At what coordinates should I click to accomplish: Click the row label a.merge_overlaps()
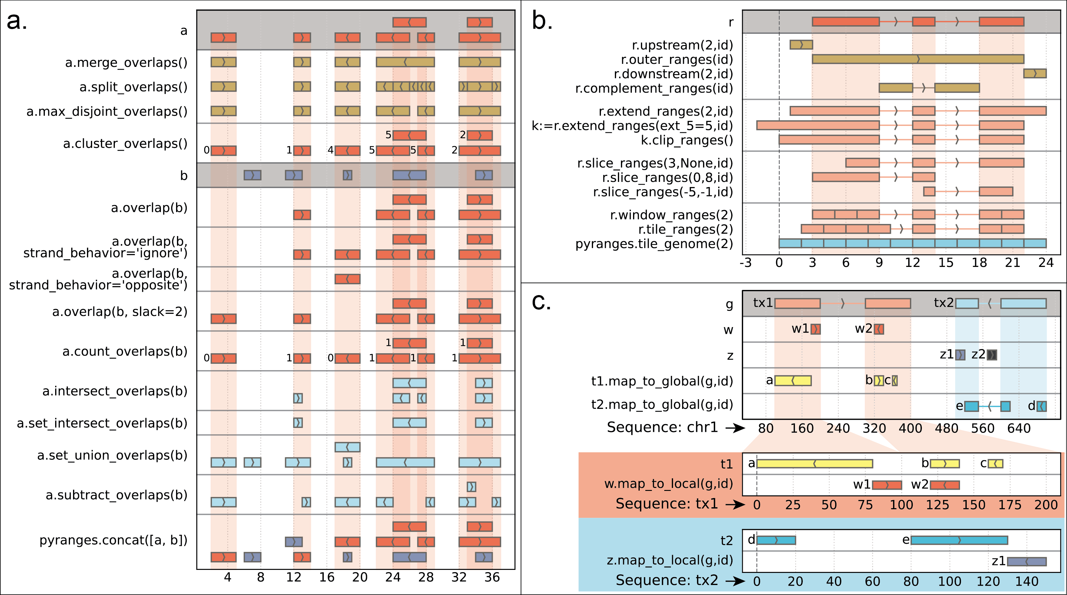pyautogui.click(x=126, y=62)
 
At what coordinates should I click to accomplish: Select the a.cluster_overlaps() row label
pyautogui.click(x=125, y=143)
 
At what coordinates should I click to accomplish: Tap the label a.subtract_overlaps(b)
pyautogui.click(x=116, y=495)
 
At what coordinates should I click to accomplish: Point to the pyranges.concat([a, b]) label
pyautogui.click(x=113, y=541)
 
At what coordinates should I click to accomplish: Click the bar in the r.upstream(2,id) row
pyautogui.click(x=801, y=45)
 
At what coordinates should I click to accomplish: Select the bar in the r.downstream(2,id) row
pyautogui.click(x=1035, y=74)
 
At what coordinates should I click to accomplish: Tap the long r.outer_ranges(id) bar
pyautogui.click(x=918, y=59)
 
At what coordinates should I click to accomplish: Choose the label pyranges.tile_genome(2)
pyautogui.click(x=654, y=244)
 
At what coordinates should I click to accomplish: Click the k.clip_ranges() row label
pyautogui.click(x=687, y=140)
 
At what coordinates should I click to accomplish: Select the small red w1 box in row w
pyautogui.click(x=815, y=329)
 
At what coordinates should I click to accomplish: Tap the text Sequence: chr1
pyautogui.click(x=662, y=427)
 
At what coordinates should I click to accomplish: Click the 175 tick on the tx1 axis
pyautogui.click(x=1010, y=505)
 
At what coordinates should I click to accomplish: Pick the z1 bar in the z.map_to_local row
pyautogui.click(x=1026, y=561)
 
